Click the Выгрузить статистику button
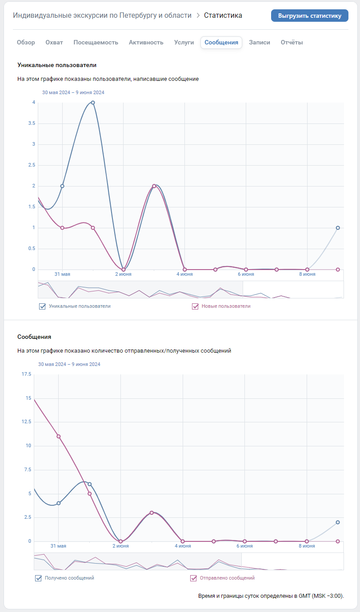(309, 16)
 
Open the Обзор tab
(26, 43)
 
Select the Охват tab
(54, 43)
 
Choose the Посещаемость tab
(96, 43)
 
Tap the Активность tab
(146, 43)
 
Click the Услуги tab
(184, 43)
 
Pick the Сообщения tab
(221, 43)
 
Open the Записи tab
(260, 43)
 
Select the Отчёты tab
(292, 43)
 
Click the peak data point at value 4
(93, 103)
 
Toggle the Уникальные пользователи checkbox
(43, 306)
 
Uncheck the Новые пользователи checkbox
(195, 306)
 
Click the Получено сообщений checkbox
(38, 578)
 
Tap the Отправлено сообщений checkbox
(193, 578)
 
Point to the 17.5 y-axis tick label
(26, 374)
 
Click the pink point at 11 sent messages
(58, 436)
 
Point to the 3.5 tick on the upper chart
(32, 123)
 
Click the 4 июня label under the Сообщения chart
(182, 546)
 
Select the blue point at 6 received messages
(89, 484)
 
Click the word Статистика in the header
(223, 16)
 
